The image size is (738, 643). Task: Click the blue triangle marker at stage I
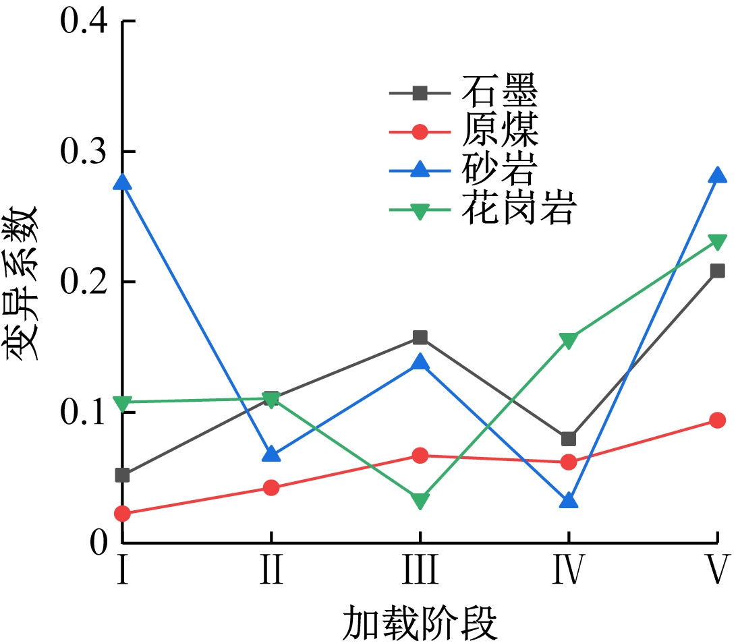click(x=123, y=182)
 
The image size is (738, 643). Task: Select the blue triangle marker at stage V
click(x=717, y=175)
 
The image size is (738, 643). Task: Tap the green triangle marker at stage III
click(x=420, y=501)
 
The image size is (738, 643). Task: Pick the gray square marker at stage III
click(x=420, y=337)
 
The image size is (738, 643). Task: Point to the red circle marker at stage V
click(x=717, y=420)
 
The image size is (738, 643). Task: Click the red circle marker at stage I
click(x=123, y=514)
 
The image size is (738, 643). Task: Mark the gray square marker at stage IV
click(x=569, y=439)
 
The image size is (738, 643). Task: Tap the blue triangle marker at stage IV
click(x=569, y=501)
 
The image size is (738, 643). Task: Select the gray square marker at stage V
click(x=717, y=271)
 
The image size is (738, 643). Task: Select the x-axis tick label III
click(x=420, y=570)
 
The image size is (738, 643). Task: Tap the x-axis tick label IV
click(x=568, y=570)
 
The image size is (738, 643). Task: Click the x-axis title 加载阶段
click(x=420, y=623)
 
